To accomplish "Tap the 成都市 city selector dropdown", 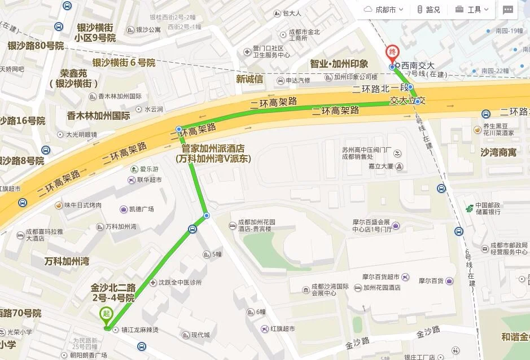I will [384, 10].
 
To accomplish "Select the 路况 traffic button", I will [428, 10].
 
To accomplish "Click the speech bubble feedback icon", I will [508, 10].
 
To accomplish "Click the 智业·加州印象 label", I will [339, 64].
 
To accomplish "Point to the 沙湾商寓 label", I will [498, 152].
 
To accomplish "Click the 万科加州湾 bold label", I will [67, 261].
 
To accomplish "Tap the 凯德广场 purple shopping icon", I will [123, 209].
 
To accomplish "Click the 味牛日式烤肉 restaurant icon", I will [58, 205].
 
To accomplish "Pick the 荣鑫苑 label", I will [74, 73].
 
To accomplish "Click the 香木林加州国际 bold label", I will [99, 116].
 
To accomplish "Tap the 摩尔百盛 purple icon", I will [396, 226].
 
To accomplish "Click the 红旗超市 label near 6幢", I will [282, 328].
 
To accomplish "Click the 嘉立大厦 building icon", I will [399, 166].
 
